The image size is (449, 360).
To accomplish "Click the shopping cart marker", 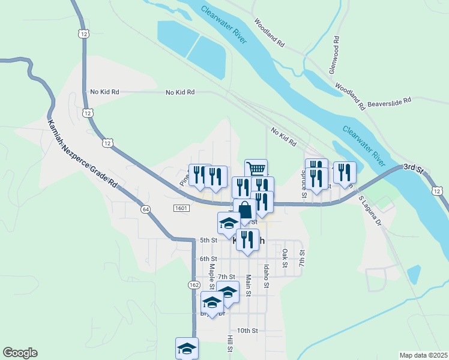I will click(256, 169).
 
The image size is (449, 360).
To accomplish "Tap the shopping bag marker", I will click(244, 211).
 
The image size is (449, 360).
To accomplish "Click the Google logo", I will click(20, 353).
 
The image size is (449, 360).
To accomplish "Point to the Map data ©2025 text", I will click(423, 355).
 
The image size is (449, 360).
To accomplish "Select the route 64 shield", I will click(145, 209).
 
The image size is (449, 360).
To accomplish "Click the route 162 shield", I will click(193, 284).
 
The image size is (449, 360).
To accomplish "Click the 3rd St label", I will click(413, 167).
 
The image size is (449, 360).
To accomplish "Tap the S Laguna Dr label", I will click(370, 210).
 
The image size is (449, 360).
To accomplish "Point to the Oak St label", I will click(285, 258).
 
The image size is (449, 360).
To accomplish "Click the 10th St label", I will click(247, 331).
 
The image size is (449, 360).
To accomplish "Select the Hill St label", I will click(230, 344).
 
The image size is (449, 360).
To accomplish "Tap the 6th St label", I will click(208, 259).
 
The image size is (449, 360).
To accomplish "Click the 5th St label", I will click(208, 241).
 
